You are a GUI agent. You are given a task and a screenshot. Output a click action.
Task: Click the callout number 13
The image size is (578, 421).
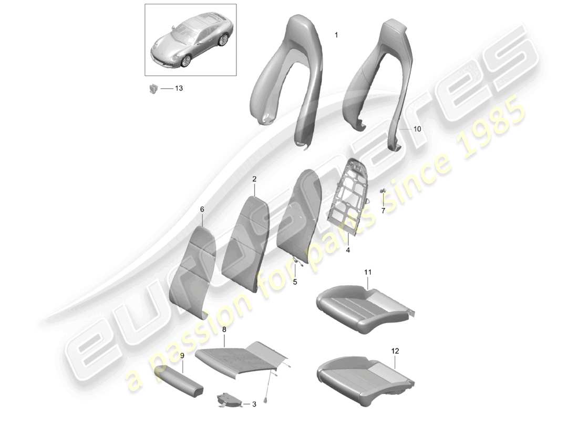click(x=179, y=88)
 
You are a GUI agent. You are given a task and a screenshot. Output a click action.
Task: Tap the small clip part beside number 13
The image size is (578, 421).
click(x=153, y=88)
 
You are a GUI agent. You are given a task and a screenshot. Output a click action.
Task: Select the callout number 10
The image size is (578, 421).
click(x=417, y=129)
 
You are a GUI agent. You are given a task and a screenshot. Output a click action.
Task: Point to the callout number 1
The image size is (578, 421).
click(x=336, y=35)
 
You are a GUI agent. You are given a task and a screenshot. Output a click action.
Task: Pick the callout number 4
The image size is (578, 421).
click(x=348, y=250)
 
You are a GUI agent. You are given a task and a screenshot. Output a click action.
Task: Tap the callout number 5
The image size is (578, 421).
click(x=295, y=282)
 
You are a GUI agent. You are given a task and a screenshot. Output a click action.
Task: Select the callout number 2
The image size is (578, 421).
click(x=254, y=179)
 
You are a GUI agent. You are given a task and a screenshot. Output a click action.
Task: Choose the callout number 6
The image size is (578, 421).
click(x=202, y=209)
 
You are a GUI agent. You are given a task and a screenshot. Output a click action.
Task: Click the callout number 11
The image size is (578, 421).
click(x=368, y=272)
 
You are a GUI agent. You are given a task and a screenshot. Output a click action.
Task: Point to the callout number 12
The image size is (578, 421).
click(x=395, y=351)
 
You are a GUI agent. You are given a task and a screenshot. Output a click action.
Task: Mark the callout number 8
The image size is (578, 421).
click(x=224, y=329)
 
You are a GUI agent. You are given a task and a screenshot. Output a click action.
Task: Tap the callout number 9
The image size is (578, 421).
click(x=182, y=355)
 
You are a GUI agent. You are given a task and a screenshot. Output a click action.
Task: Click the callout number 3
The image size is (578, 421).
click(x=254, y=404)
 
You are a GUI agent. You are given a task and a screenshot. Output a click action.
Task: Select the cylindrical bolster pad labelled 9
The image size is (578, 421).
click(x=179, y=380)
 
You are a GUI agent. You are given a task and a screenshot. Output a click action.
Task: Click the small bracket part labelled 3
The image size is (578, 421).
click(x=228, y=399)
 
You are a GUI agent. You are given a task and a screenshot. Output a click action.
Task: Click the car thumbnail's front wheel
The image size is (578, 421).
click(x=186, y=61)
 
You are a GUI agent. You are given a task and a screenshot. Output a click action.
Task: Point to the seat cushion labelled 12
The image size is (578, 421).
click(x=365, y=377)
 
